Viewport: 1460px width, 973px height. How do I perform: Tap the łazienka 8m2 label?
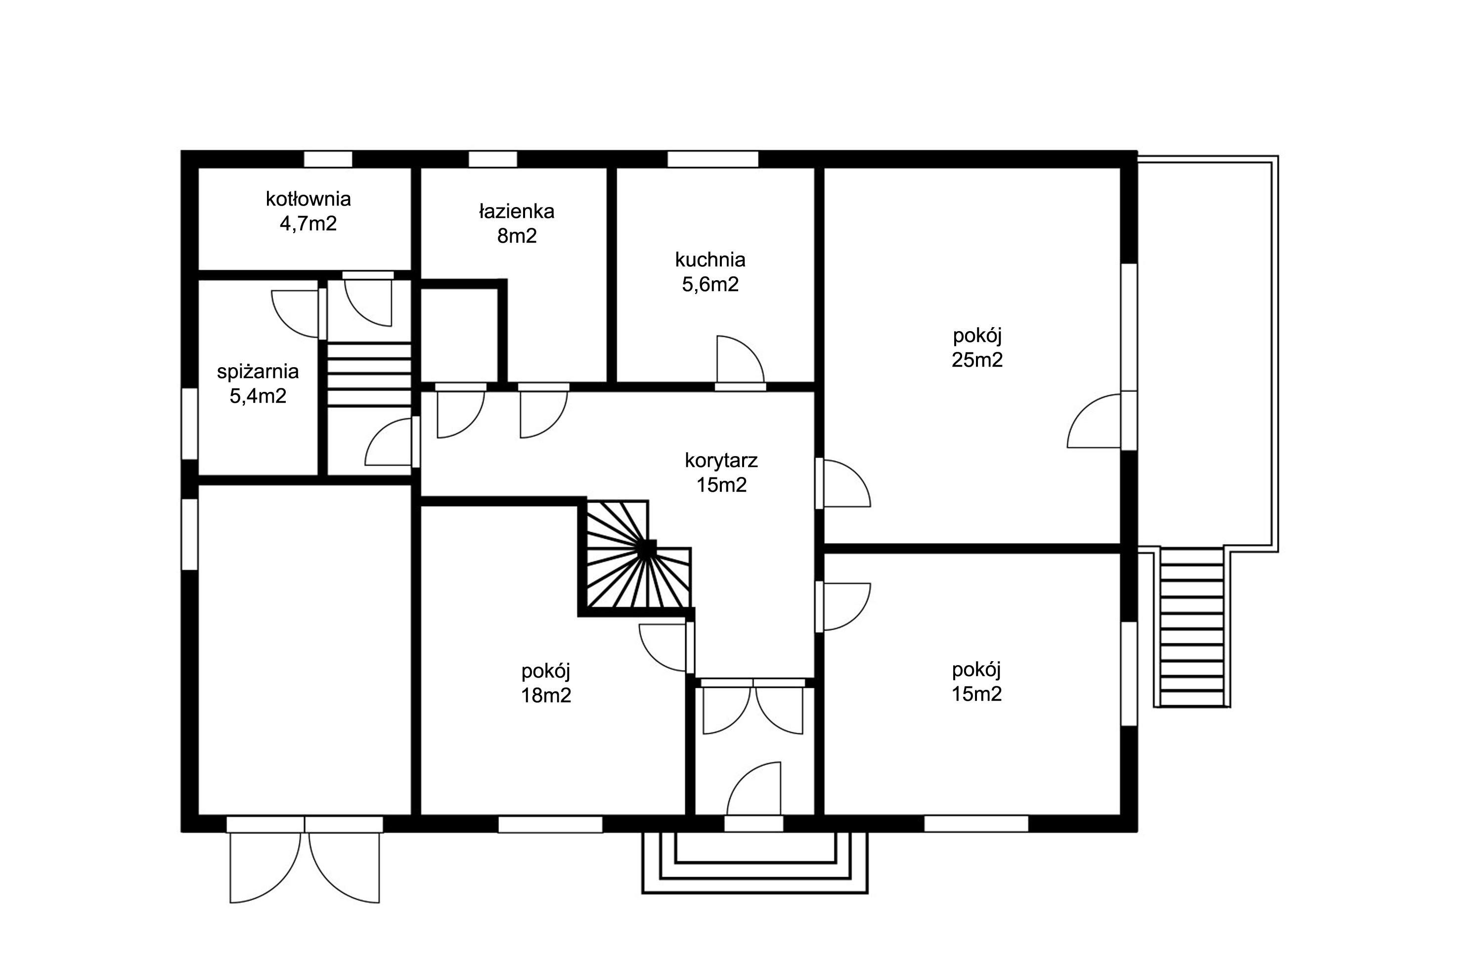click(517, 223)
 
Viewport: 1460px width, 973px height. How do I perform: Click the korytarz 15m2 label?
click(721, 472)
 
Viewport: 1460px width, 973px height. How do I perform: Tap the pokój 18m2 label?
click(546, 682)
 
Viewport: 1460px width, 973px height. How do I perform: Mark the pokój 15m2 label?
click(976, 681)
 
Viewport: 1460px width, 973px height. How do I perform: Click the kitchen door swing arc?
click(740, 360)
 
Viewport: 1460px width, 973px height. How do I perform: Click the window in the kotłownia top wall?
click(328, 159)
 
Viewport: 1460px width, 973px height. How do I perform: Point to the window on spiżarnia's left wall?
click(189, 424)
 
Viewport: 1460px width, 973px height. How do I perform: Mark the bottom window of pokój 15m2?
click(976, 825)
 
